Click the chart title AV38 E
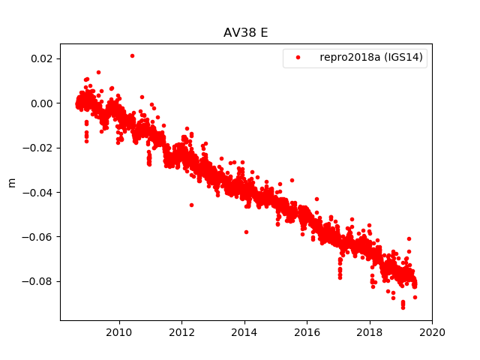coord(246,33)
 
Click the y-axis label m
coord(11,182)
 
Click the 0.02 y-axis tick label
coord(42,58)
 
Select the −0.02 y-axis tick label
coord(39,148)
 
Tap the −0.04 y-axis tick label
coord(39,193)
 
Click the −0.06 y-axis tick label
coord(39,237)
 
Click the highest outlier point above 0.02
coord(132,55)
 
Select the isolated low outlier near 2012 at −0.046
coord(191,205)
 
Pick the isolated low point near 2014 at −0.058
coord(246,232)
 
